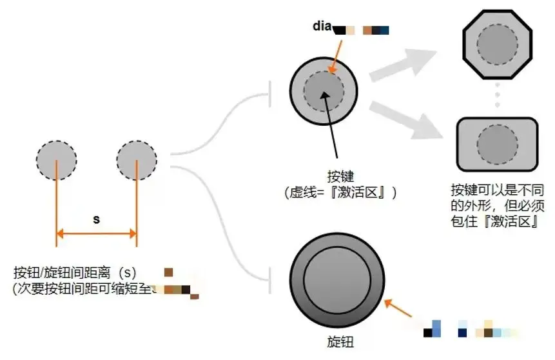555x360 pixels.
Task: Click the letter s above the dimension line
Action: pos(96,219)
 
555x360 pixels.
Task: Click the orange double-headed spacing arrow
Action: pos(97,233)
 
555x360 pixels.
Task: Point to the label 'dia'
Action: pos(322,26)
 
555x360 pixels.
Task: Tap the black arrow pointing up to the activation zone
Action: pos(332,123)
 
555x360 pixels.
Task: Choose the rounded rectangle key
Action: pos(496,142)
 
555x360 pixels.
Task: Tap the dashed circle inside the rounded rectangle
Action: pos(496,142)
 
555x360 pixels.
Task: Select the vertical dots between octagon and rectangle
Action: pos(496,96)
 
